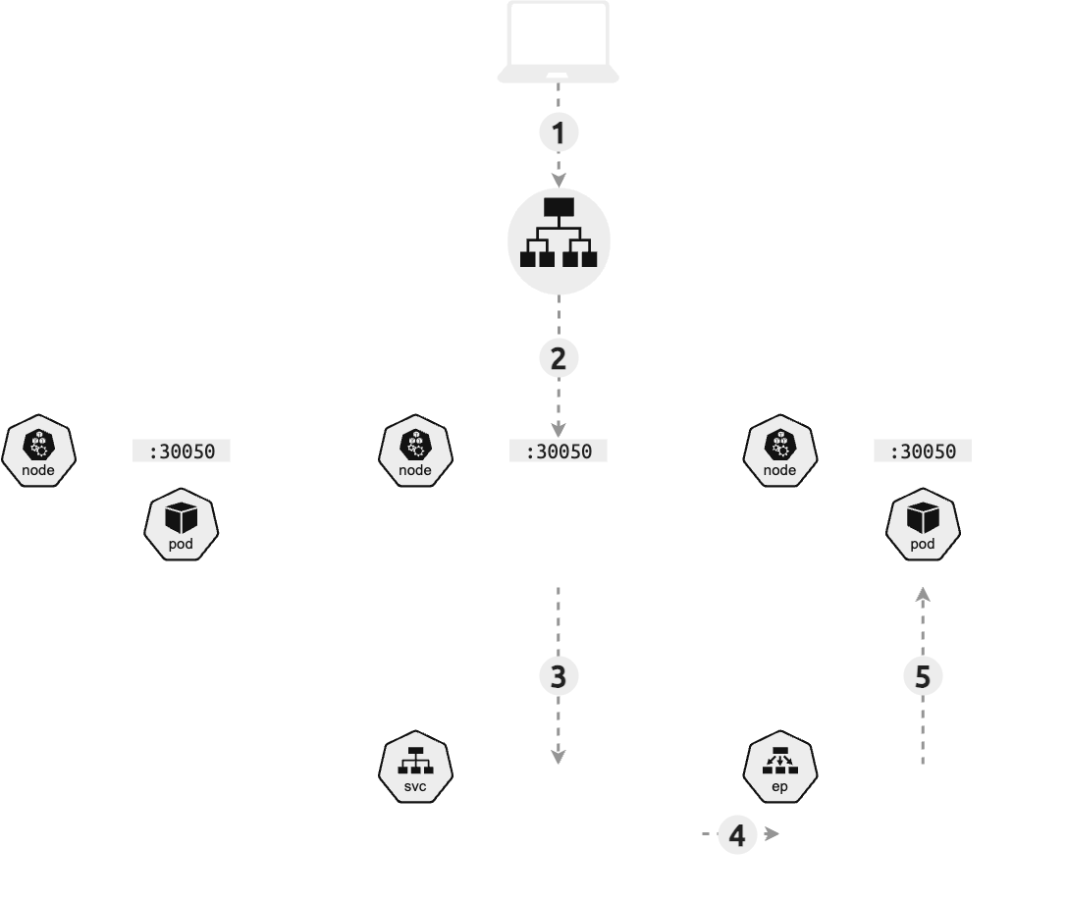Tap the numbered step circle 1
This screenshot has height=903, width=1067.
559,133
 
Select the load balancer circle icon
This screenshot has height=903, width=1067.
559,241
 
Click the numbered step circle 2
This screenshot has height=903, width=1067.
559,358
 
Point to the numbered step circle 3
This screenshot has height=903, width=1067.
559,675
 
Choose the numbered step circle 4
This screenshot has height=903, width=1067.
737,835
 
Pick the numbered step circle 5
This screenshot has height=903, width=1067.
923,675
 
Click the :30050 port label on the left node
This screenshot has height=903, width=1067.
182,451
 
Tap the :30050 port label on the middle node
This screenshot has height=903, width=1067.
559,451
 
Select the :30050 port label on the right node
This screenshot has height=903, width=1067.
923,451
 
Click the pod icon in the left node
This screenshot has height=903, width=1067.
182,524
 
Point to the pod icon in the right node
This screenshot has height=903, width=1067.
923,524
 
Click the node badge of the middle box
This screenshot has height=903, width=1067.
415,451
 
